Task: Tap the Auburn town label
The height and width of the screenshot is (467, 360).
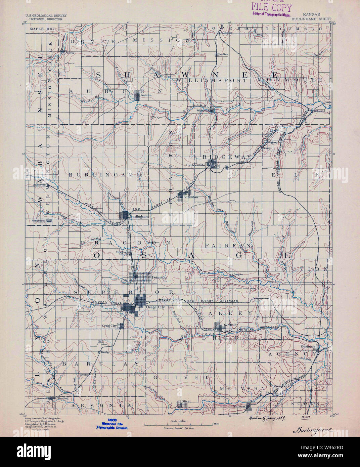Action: pyautogui.click(x=146, y=95)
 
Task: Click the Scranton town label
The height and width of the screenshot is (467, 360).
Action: pyautogui.click(x=191, y=197)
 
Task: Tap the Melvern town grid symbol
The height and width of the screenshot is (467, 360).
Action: pyautogui.click(x=249, y=406)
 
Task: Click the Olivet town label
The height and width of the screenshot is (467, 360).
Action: pyautogui.click(x=186, y=401)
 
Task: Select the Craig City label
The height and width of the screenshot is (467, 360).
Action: pyautogui.click(x=109, y=326)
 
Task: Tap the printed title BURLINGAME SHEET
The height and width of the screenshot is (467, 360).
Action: pyautogui.click(x=311, y=19)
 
